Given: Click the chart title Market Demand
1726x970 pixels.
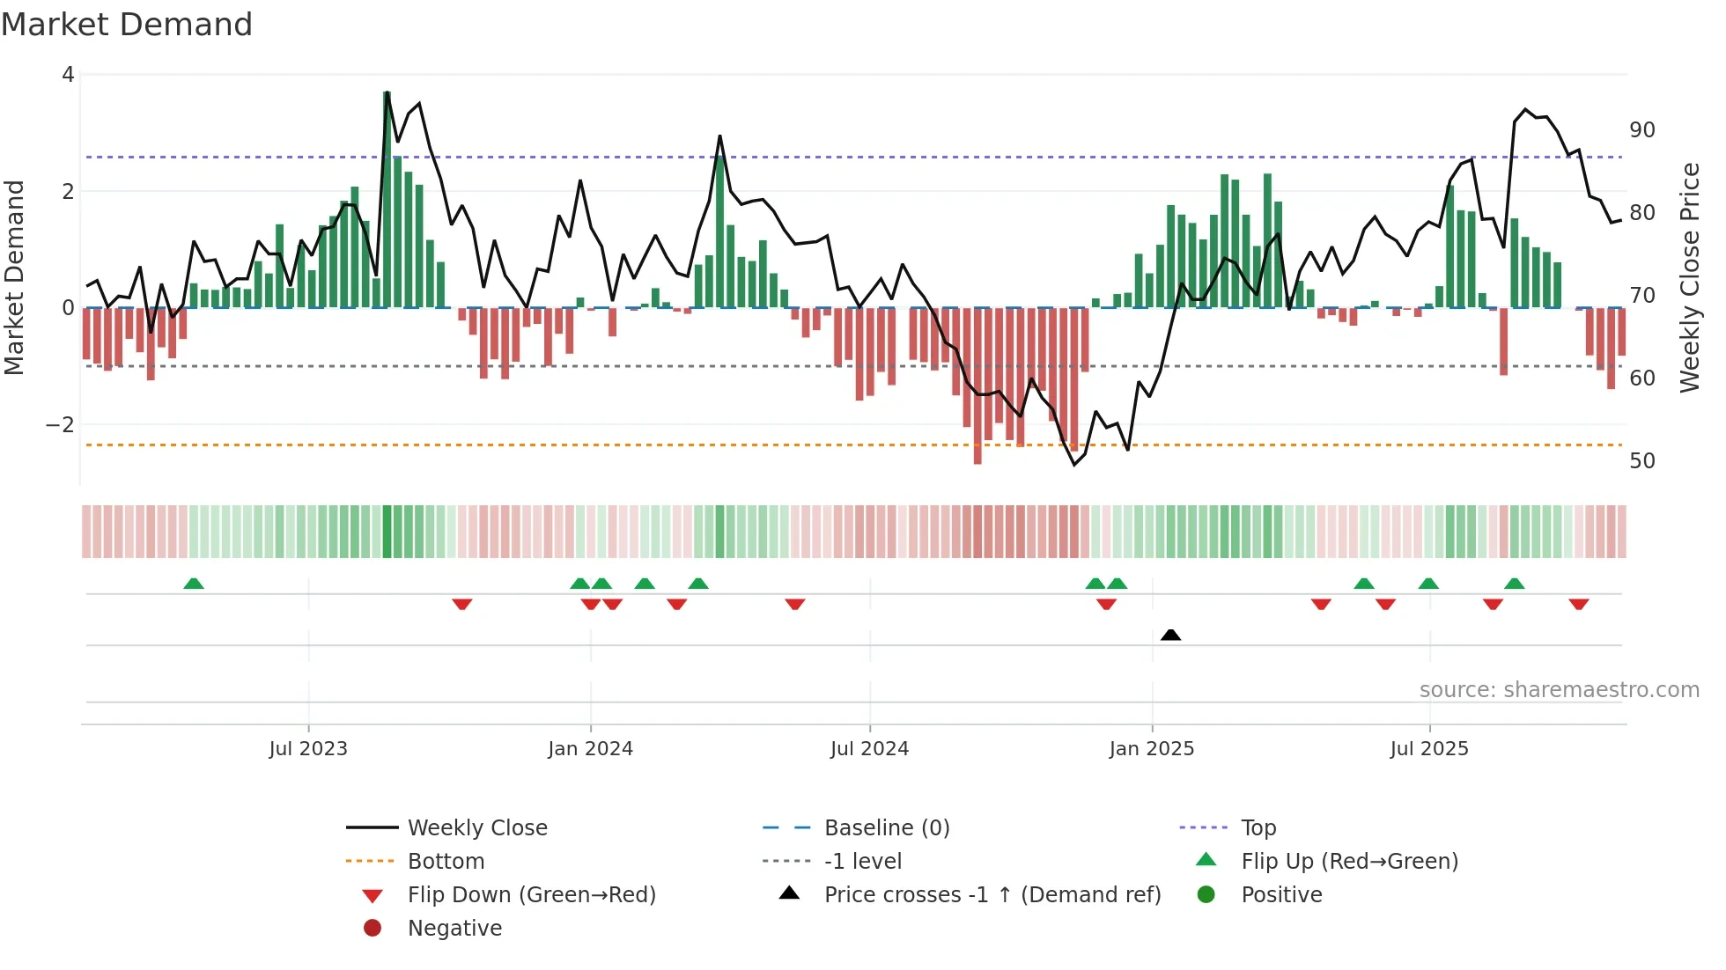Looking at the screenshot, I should point(127,25).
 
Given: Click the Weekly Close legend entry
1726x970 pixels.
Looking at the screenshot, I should point(476,827).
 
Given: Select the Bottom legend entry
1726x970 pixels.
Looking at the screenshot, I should point(446,861).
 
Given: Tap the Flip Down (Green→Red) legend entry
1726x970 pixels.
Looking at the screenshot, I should point(531,894).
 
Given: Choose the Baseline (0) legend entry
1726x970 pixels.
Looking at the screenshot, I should point(886,827).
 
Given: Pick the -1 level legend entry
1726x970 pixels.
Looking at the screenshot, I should point(862,861).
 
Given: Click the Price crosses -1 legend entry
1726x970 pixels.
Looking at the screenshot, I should point(992,894).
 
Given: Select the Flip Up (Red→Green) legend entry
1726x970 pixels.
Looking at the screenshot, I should point(1349,861).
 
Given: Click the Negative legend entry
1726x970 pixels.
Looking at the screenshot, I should point(454,928).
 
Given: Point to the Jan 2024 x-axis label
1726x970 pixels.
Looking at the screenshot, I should point(590,748).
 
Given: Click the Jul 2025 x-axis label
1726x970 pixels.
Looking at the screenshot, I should point(1429,748).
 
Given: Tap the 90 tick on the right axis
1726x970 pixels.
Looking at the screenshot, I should point(1642,130).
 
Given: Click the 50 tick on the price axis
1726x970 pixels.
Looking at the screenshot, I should point(1642,461).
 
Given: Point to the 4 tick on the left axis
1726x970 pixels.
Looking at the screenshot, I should point(68,75).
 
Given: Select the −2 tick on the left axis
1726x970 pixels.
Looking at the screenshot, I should point(60,425).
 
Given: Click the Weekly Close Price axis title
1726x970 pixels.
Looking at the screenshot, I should point(1689,277).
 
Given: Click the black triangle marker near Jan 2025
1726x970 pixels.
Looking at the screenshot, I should point(1170,635).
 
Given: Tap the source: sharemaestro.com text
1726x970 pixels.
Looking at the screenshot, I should point(1559,689).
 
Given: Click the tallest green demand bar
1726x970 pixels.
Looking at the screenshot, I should point(387,202).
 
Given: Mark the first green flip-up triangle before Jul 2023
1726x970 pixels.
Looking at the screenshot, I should point(194,583).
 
